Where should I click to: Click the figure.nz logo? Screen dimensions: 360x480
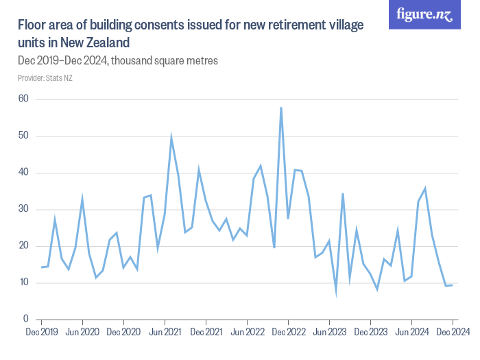(x=424, y=14)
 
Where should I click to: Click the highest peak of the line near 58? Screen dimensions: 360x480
(x=281, y=108)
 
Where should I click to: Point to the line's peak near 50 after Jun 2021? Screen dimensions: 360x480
(x=171, y=138)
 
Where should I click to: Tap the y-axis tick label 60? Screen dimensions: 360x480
(x=23, y=99)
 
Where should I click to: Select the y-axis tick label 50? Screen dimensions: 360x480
(x=23, y=136)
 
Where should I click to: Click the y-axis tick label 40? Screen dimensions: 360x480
(x=23, y=172)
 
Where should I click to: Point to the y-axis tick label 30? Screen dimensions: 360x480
(x=23, y=209)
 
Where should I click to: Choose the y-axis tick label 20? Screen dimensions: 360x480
(x=23, y=245)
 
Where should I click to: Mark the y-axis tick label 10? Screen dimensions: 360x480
(x=23, y=283)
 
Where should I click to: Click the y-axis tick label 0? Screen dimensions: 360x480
(x=26, y=319)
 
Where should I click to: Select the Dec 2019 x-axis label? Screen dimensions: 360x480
(x=41, y=333)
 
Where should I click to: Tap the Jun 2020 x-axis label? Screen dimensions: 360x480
(x=82, y=333)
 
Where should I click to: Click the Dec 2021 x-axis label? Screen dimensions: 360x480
(x=206, y=333)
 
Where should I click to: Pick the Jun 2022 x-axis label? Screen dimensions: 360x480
(x=247, y=333)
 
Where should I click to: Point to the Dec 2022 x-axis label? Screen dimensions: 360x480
(x=288, y=333)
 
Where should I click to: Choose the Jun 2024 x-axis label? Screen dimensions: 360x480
(x=411, y=333)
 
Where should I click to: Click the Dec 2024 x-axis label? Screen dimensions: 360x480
(x=452, y=333)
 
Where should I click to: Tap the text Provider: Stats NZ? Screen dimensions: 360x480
(x=45, y=77)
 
